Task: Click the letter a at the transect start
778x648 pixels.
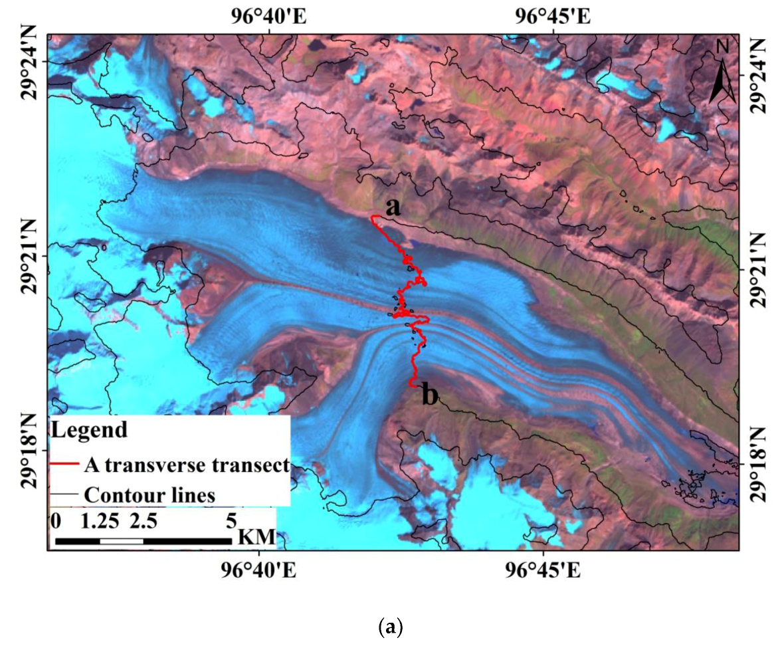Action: (393, 208)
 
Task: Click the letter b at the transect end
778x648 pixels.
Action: (430, 396)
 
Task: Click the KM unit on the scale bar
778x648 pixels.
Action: (255, 537)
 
